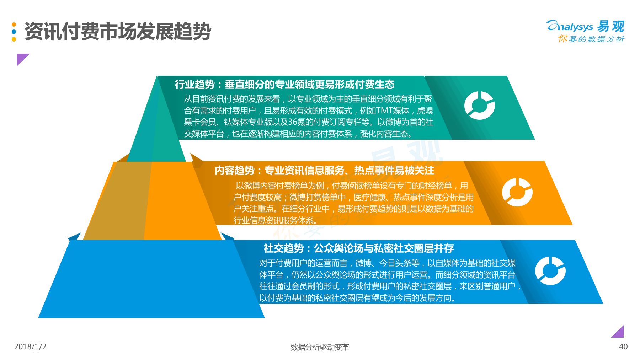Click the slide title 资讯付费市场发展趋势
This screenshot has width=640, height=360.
click(118, 31)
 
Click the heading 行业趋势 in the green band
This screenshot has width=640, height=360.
click(194, 84)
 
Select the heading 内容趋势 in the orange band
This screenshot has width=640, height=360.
click(234, 171)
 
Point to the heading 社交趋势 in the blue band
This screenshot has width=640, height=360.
click(284, 248)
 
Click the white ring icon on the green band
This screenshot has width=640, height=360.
click(479, 106)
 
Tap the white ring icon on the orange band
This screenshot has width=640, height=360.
click(517, 192)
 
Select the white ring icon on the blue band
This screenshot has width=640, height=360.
click(550, 271)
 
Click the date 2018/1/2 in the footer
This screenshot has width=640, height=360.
click(30, 346)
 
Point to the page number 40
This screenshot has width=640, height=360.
click(623, 346)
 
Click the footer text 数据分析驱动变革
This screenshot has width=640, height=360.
click(320, 347)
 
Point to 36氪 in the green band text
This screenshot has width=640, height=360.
click(296, 122)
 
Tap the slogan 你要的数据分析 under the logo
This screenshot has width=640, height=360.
click(591, 39)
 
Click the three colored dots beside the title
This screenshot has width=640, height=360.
click(14, 32)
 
